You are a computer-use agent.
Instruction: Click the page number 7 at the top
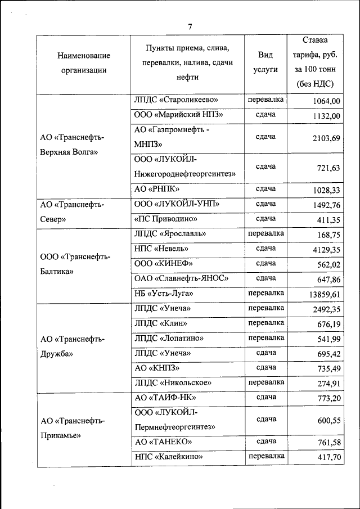coord(190,27)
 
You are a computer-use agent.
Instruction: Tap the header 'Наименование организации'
coord(83,63)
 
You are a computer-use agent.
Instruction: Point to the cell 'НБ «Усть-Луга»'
coord(164,294)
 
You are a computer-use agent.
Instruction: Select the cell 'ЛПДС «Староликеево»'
coord(176,100)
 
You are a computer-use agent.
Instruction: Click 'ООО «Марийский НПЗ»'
coord(179,115)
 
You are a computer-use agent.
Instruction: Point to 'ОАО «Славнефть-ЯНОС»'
coord(181,278)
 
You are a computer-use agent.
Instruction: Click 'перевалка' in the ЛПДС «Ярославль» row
coord(265,233)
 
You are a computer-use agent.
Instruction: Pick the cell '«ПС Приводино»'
coord(165,219)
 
